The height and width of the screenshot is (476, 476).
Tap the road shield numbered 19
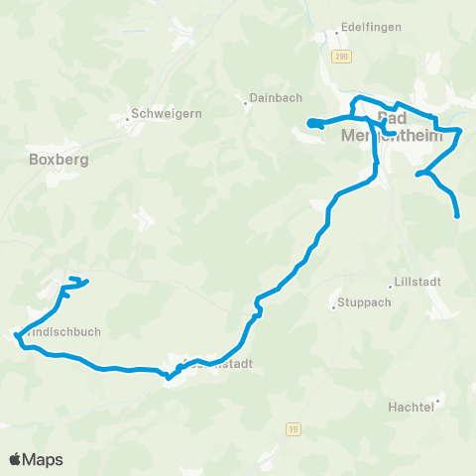tap(293, 428)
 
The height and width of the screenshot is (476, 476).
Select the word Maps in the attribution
tap(44, 459)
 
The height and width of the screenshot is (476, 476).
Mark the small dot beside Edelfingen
tap(337, 33)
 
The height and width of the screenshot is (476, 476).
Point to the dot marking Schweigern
tap(128, 121)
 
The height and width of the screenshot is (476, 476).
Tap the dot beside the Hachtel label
tap(437, 402)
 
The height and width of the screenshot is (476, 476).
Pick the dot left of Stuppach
tap(334, 305)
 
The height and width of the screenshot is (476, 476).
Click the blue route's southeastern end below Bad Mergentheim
tap(458, 215)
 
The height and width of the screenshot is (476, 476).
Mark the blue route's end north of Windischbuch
tap(86, 283)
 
